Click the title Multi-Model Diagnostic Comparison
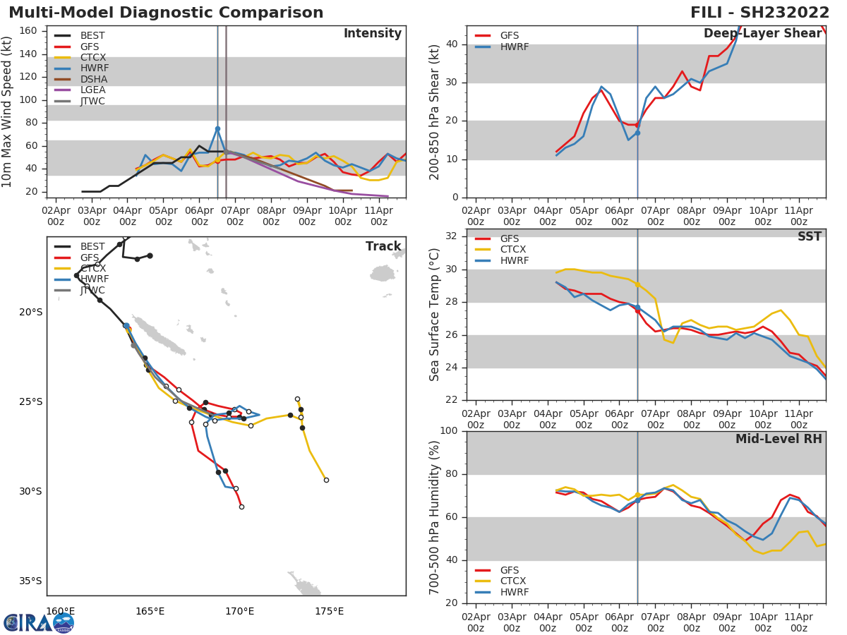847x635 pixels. coord(166,13)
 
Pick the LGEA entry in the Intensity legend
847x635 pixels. coord(92,90)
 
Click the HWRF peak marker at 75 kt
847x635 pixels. coord(217,128)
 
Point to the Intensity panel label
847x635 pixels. coord(372,34)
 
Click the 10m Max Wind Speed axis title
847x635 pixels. coord(8,111)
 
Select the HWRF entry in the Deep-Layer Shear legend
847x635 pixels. coord(514,47)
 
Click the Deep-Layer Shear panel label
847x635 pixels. coord(762,34)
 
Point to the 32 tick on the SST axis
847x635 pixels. coord(453,236)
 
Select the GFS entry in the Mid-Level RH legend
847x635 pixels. coord(509,570)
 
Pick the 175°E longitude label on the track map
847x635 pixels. coord(329,611)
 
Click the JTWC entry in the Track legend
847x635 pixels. coord(92,290)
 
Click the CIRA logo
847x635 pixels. coord(39,622)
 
